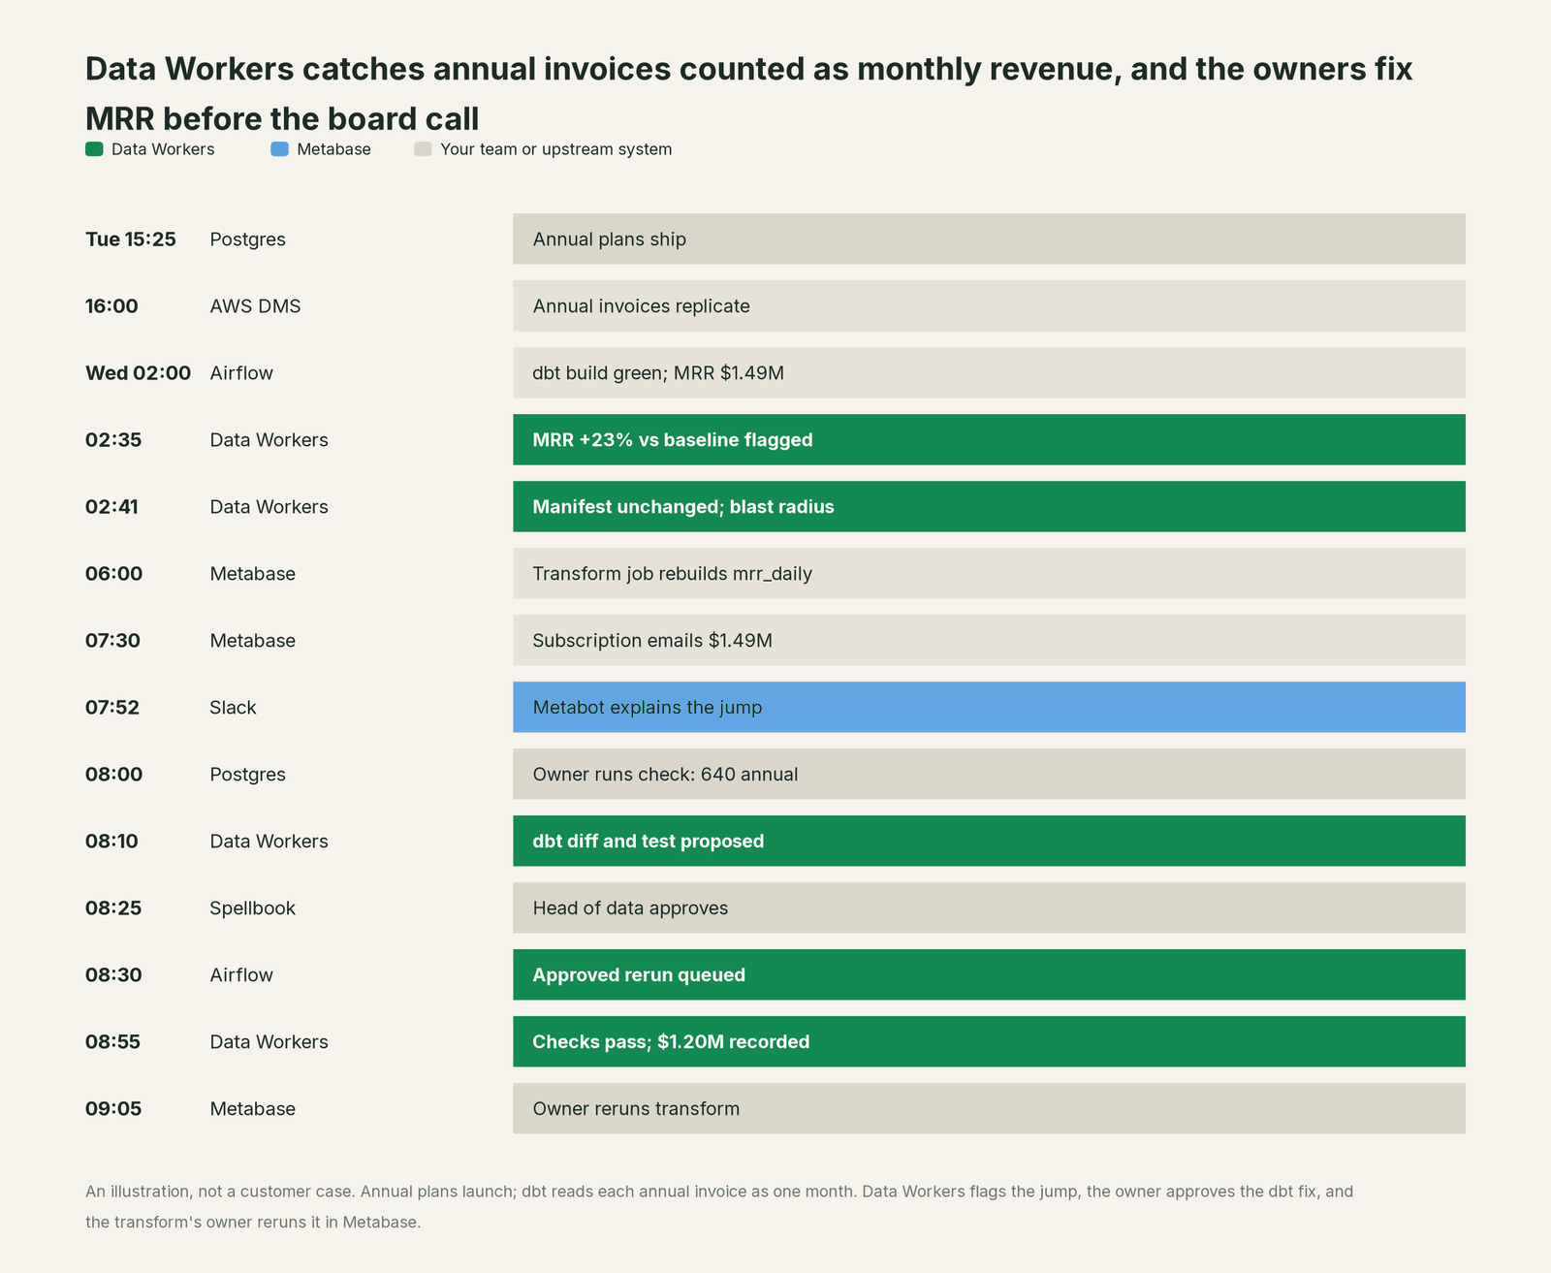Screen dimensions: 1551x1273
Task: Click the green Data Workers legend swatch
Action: click(x=94, y=149)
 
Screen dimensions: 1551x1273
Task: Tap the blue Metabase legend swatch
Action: click(x=279, y=149)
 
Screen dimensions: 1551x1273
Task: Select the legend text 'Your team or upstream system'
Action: click(x=555, y=149)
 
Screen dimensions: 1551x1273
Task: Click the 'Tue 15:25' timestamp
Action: click(x=130, y=239)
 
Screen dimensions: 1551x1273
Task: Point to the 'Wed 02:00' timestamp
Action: click(x=138, y=373)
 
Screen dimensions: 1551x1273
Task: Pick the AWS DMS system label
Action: click(x=255, y=306)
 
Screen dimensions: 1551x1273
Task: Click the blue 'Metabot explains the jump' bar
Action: click(x=989, y=707)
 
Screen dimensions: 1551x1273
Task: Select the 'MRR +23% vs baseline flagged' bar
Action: click(x=989, y=439)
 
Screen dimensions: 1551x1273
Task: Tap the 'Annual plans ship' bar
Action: click(x=989, y=239)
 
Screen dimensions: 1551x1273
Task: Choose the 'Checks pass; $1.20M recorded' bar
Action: click(x=989, y=1041)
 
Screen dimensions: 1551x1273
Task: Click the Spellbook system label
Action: click(x=252, y=908)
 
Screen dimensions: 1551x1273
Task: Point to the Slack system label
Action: click(x=233, y=708)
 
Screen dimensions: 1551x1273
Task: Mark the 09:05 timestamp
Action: click(x=113, y=1108)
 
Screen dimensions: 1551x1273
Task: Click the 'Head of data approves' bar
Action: click(x=989, y=907)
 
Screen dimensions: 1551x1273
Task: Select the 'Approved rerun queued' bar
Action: click(x=989, y=974)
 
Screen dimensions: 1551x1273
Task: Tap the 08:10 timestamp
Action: click(x=111, y=841)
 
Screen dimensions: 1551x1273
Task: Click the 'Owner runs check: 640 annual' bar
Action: click(x=989, y=774)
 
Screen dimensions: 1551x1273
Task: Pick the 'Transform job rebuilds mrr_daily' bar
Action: click(x=989, y=573)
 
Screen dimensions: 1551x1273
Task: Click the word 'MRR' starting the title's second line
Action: click(x=119, y=119)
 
